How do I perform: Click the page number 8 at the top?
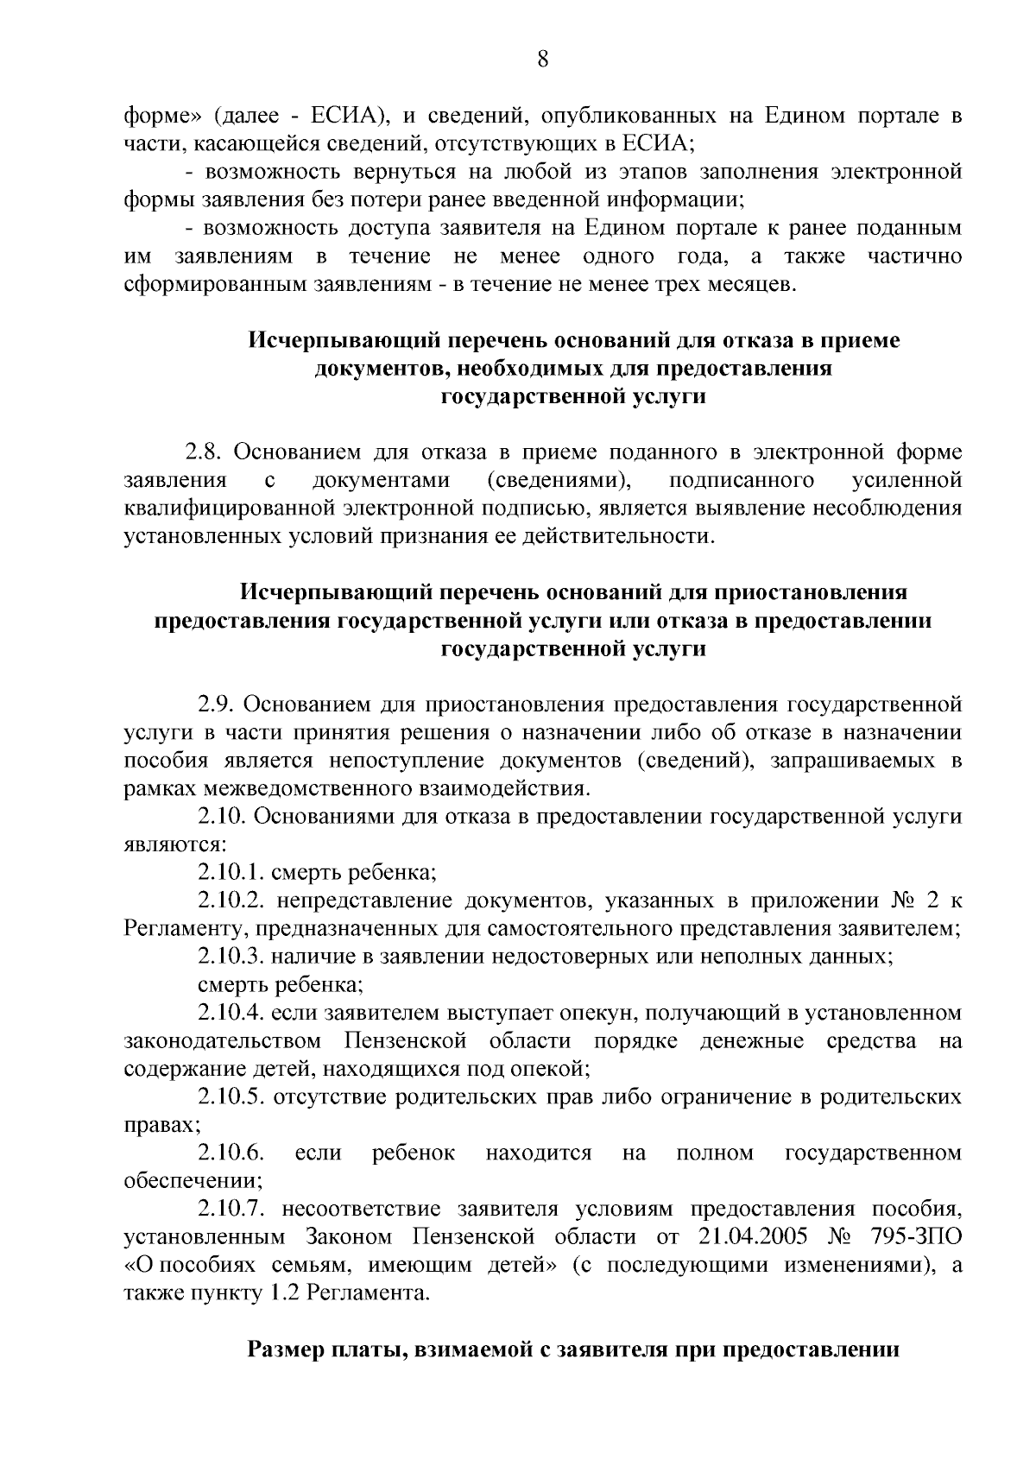(542, 60)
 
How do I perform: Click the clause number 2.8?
(203, 452)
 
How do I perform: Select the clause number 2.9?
(215, 704)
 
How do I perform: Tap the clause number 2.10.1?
(229, 873)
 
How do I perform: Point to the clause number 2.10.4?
(231, 1013)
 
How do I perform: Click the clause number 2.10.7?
(231, 1209)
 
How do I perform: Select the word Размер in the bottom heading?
(285, 1349)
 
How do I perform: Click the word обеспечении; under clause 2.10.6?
(193, 1181)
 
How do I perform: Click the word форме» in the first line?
(163, 116)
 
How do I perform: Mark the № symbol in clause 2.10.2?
(900, 900)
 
